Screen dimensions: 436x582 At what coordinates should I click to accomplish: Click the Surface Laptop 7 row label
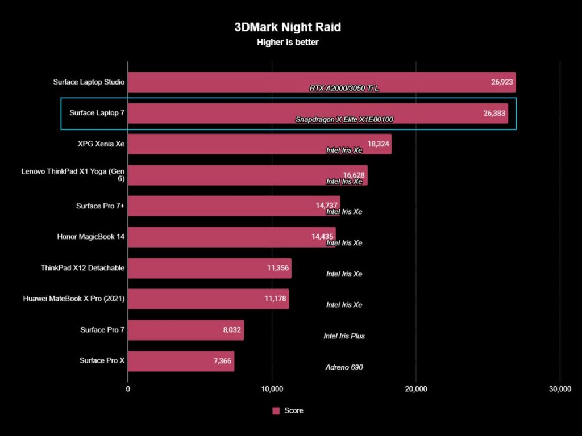(97, 113)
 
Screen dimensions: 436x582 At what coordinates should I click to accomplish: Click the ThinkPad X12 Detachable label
(82, 268)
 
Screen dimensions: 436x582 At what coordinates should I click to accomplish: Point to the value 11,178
(276, 299)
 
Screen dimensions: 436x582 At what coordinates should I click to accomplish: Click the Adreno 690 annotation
(343, 367)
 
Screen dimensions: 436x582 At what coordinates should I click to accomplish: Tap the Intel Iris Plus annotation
(344, 336)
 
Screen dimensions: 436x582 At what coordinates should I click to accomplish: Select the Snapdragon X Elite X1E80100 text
(344, 120)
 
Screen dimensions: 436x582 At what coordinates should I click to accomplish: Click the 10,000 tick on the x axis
(272, 389)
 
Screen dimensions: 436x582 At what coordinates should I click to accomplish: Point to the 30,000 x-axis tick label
(560, 389)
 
